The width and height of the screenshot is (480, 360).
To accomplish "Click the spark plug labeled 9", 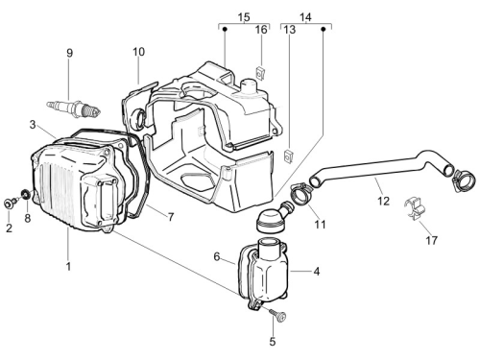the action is [74, 108].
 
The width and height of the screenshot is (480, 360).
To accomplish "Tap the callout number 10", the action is [138, 52].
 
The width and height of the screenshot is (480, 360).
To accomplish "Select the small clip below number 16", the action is [261, 73].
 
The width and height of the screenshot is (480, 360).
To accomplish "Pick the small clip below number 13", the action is [289, 156].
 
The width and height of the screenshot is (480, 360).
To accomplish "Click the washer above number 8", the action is [25, 194].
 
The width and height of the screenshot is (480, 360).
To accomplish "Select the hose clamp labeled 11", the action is [301, 193].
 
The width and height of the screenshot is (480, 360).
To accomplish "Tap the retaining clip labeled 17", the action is [414, 208].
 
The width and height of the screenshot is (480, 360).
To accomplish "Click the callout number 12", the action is [383, 201].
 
